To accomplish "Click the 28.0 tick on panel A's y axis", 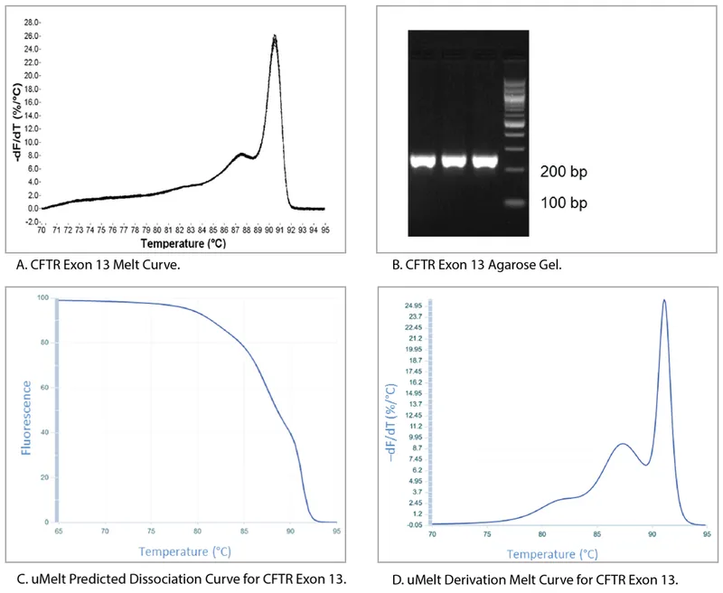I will tap(31, 21).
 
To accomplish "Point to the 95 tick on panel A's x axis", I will tap(324, 231).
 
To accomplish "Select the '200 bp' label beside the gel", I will tap(564, 170).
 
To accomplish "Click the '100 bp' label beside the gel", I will tap(564, 203).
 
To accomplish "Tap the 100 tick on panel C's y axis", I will tap(42, 298).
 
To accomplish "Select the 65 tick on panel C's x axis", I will tap(59, 532).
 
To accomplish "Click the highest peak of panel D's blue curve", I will tap(664, 301).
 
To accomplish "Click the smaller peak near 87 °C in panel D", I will tap(622, 444).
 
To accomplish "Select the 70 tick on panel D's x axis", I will tap(433, 534).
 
